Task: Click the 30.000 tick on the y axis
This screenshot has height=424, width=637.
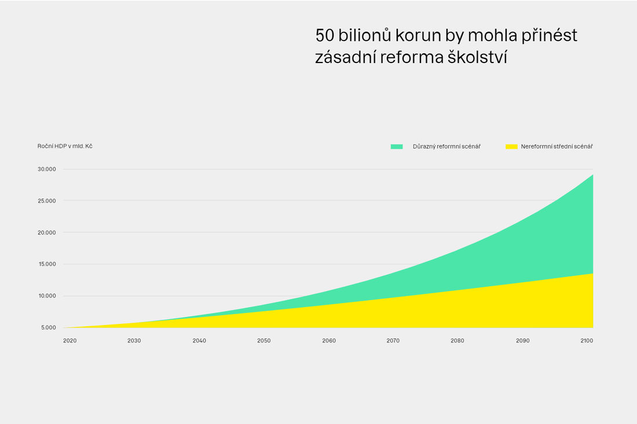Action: coord(47,169)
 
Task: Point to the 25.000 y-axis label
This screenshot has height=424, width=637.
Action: coord(47,201)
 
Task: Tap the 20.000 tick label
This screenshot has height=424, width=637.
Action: coord(47,233)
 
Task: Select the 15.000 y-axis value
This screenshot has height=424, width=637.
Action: coord(47,264)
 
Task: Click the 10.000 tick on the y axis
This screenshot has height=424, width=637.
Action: coord(47,296)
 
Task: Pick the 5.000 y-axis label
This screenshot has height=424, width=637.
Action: coord(48,327)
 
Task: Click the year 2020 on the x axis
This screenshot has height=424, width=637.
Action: coord(70,341)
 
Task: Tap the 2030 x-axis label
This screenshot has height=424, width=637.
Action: coord(134,341)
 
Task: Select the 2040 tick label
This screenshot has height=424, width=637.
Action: coord(199,341)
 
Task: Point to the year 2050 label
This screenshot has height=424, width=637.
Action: coord(263,341)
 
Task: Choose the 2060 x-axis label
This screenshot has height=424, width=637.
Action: coord(329,341)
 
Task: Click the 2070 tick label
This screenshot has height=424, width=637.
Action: coord(393,341)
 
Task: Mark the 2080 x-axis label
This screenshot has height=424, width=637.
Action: coord(457,341)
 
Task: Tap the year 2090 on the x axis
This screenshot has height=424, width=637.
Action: coord(523,341)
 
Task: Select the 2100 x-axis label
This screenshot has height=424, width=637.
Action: coord(587,341)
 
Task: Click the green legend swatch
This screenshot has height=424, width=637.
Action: coord(397,146)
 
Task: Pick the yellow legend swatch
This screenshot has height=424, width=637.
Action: coord(511,146)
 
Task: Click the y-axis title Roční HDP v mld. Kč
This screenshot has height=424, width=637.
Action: coord(65,146)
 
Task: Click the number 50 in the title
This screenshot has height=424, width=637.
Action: coord(325,36)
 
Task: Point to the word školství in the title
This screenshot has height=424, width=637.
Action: coord(477,57)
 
